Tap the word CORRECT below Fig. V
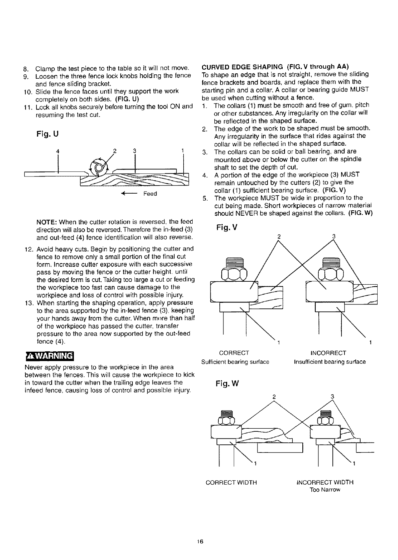point(234,353)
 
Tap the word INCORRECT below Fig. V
point(328,353)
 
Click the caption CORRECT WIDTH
point(231,483)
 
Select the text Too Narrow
point(325,490)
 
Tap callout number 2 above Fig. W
point(274,397)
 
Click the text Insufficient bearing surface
point(330,362)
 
